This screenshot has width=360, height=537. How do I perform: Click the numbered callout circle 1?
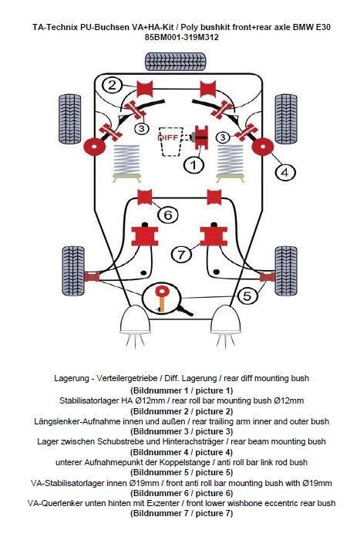[193, 165]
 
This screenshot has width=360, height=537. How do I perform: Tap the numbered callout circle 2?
[113, 85]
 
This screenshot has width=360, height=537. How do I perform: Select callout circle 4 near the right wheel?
[285, 172]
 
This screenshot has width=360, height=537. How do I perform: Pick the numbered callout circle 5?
[247, 296]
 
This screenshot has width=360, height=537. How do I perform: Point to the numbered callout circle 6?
[168, 214]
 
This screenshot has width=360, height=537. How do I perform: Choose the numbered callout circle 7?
[181, 254]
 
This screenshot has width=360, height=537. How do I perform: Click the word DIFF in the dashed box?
[168, 137]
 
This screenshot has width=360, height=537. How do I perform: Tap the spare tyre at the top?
[175, 62]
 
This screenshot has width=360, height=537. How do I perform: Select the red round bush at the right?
[263, 147]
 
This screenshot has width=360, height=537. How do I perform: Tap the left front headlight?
[136, 319]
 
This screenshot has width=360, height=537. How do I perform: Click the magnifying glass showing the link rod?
[162, 297]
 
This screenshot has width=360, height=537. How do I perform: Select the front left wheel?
[73, 271]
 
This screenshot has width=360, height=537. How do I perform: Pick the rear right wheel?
[286, 119]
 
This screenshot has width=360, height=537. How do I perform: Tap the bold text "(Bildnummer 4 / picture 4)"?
[181, 452]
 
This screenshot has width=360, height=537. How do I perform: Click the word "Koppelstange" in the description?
[186, 462]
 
